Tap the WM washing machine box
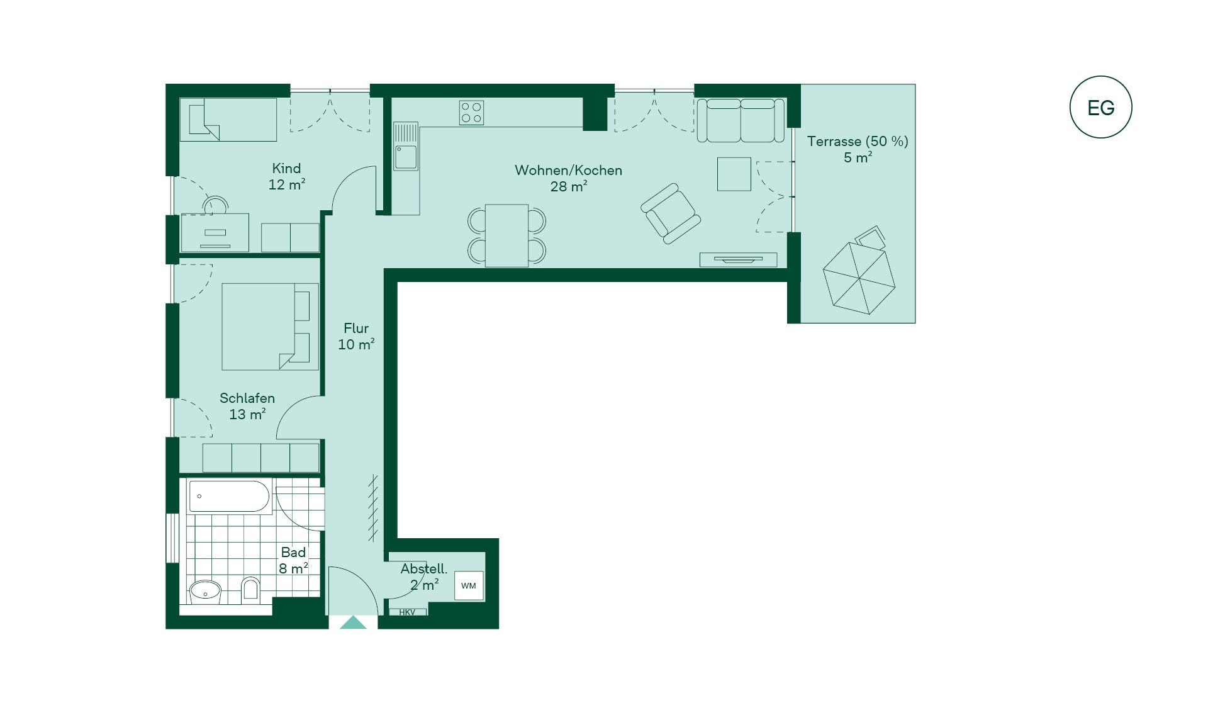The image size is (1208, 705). (x=469, y=585)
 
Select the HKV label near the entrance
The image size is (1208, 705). (x=407, y=612)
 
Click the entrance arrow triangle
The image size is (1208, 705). (x=353, y=623)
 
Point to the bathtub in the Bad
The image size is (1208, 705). (x=230, y=497)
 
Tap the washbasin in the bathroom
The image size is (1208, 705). (x=205, y=592)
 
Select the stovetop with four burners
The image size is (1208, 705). (x=471, y=113)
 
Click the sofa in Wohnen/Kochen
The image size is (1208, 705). (x=741, y=120)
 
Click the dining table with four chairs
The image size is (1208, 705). (x=506, y=235)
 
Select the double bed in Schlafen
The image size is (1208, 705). (x=270, y=326)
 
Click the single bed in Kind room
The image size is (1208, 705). (x=228, y=119)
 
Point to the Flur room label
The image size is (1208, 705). (x=356, y=329)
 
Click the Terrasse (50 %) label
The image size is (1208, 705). (x=858, y=142)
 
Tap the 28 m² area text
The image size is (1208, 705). (x=569, y=186)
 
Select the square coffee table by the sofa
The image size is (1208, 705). (x=734, y=174)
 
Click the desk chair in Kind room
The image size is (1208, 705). (x=215, y=205)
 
